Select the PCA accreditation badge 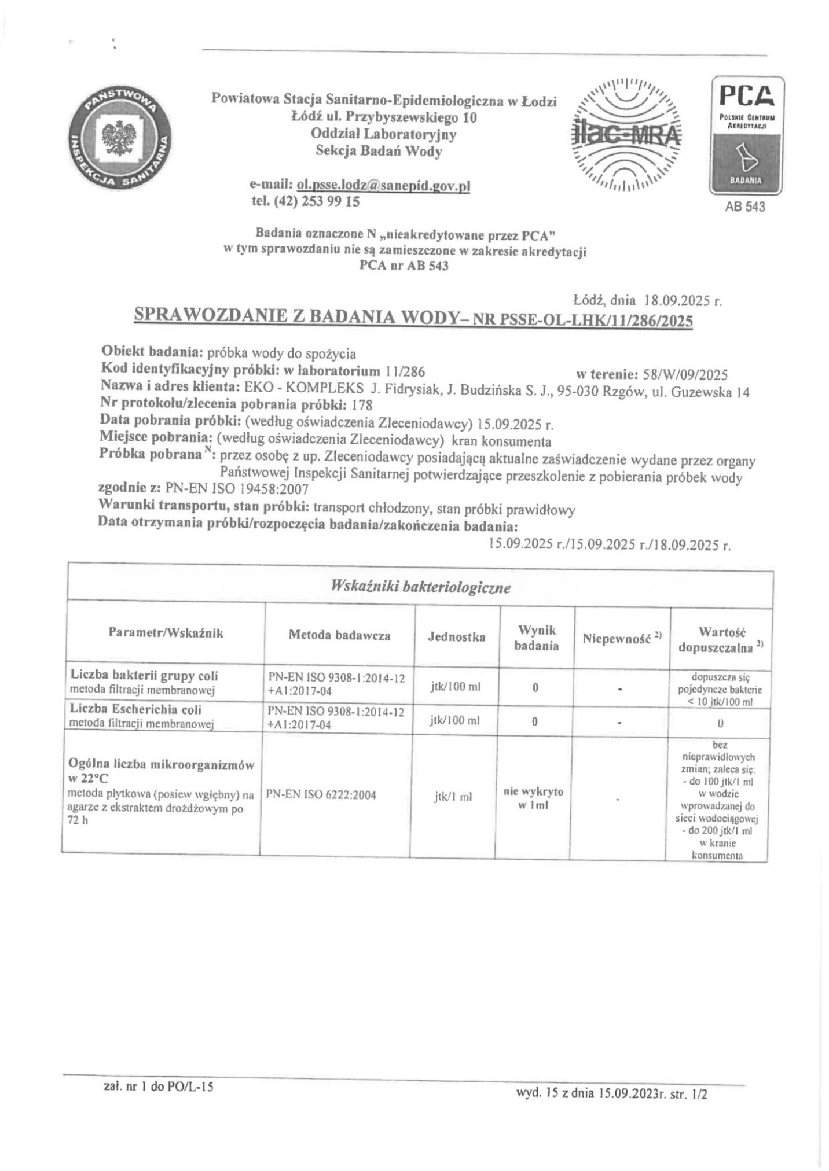[746, 135]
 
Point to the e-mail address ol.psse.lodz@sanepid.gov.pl [383, 186]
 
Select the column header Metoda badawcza [339, 635]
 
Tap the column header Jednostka [456, 637]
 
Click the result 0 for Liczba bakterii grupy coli [535, 688]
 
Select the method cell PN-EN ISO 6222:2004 [321, 795]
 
